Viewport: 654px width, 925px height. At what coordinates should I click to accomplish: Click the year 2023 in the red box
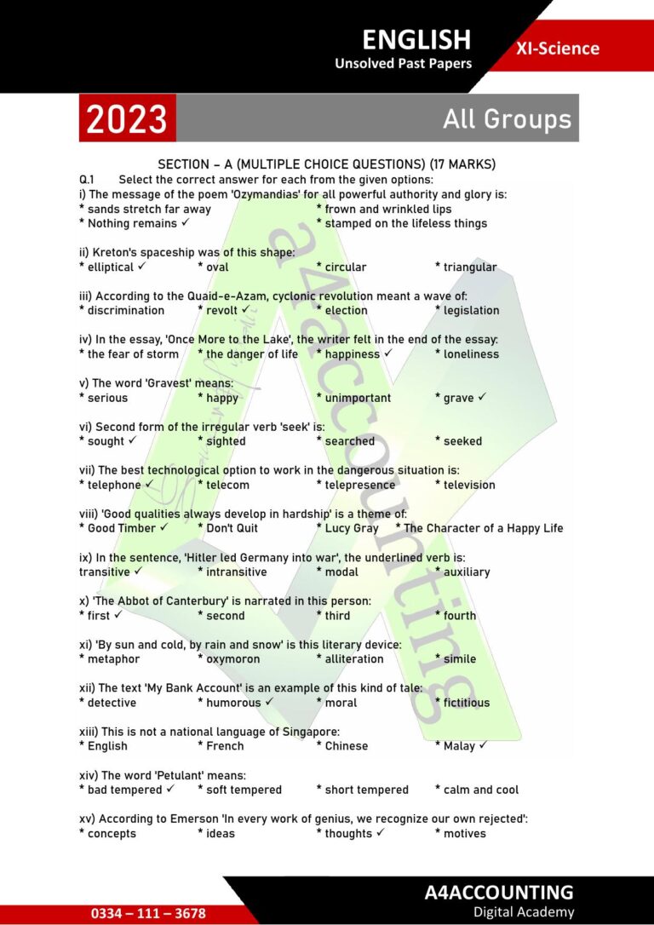(128, 118)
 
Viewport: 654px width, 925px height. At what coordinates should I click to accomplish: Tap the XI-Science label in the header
(557, 49)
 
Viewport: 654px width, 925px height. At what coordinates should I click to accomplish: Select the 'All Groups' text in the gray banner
(507, 119)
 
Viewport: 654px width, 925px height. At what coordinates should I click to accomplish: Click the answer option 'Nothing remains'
(132, 223)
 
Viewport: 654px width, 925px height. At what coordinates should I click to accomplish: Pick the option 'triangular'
(469, 267)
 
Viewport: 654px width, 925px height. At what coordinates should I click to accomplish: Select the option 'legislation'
(471, 310)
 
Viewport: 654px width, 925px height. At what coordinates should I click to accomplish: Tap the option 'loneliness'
(471, 353)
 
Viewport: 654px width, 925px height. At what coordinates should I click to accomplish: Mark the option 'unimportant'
(358, 398)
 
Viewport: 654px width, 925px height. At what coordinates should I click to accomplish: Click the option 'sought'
(106, 441)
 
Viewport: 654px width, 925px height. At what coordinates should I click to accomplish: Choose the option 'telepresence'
(359, 485)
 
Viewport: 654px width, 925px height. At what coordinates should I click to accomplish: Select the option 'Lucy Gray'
(352, 528)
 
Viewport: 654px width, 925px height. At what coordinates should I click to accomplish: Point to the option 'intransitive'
(236, 572)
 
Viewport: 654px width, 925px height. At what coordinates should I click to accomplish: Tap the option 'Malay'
(459, 746)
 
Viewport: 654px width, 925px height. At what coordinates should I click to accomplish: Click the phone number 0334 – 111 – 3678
(149, 913)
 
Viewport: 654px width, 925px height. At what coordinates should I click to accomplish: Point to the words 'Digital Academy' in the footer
(524, 912)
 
